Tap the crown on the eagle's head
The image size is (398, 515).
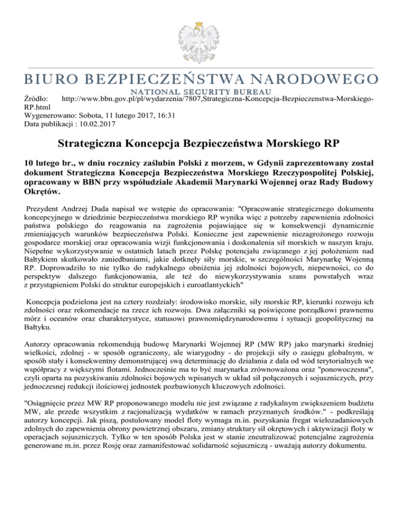click(198, 20)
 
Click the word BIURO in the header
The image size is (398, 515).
click(47, 79)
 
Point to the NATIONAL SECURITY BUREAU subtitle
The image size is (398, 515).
click(198, 91)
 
